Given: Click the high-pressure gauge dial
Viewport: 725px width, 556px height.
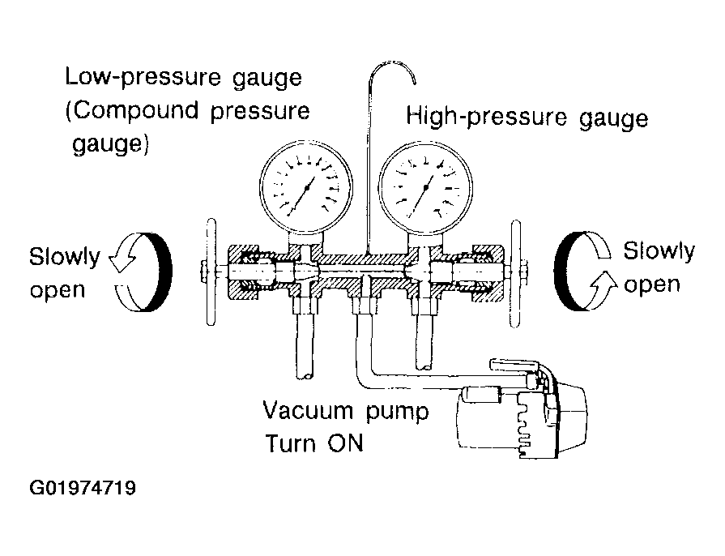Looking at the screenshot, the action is click(x=425, y=188).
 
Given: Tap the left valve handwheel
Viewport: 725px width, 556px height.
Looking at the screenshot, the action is click(x=211, y=272).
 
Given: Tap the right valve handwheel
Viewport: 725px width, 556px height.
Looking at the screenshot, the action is click(x=515, y=274).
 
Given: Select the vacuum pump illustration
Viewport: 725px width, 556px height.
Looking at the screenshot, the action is click(x=522, y=408).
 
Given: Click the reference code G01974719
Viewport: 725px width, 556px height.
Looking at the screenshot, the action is click(x=83, y=488).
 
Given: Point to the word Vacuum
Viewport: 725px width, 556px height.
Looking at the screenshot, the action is click(x=308, y=410).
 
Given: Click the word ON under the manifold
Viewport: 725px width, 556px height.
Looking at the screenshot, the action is click(x=345, y=443).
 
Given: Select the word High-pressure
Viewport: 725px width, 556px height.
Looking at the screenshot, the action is click(x=486, y=116).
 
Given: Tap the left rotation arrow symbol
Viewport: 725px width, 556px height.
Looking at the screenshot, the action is click(x=141, y=272).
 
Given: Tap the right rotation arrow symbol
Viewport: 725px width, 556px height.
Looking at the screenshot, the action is click(x=586, y=271).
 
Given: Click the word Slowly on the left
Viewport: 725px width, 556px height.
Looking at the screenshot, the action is click(x=64, y=257).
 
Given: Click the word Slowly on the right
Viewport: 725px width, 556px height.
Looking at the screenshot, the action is click(x=659, y=251).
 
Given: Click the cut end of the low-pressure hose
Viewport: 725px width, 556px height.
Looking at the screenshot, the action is click(x=305, y=375).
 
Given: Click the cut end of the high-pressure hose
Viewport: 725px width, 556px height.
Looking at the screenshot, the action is click(x=424, y=367).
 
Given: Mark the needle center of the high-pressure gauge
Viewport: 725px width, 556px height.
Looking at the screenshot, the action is click(x=425, y=188).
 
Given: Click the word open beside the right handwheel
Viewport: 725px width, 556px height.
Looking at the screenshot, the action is click(x=652, y=285).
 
